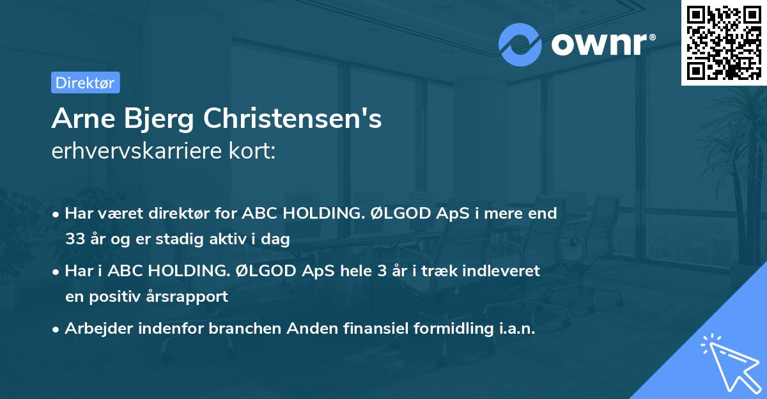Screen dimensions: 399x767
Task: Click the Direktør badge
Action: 85,82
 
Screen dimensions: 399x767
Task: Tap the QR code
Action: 722,42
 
